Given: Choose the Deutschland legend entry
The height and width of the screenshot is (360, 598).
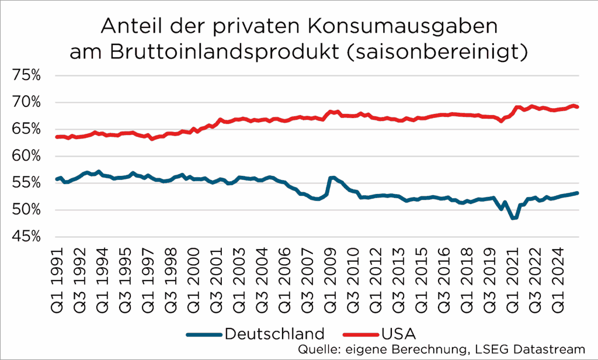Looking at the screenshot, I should (274, 334).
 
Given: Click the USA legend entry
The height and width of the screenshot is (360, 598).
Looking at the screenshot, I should (398, 334).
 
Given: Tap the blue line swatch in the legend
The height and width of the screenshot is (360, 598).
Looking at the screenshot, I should (204, 334).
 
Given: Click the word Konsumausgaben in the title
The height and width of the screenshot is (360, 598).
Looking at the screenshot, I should (404, 27).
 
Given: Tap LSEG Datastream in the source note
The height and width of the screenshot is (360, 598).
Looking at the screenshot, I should (546, 349).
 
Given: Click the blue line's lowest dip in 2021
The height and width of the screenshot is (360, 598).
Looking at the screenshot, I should (513, 218).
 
